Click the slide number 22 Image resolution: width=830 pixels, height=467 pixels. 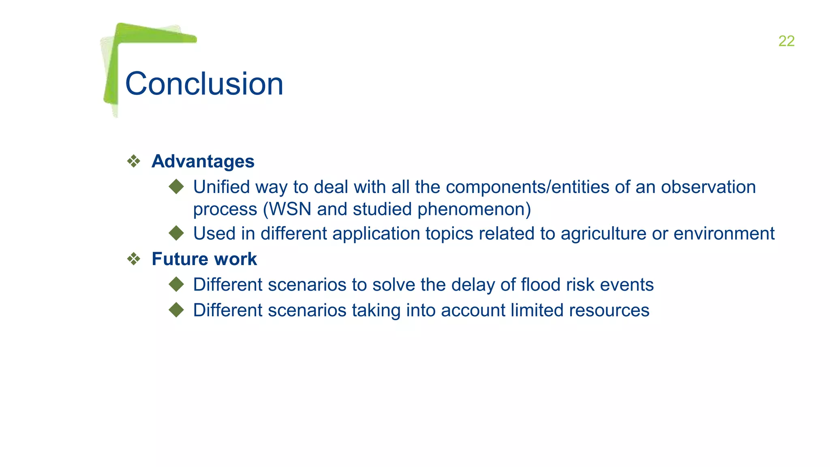click(x=786, y=41)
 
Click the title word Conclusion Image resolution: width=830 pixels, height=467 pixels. click(x=204, y=84)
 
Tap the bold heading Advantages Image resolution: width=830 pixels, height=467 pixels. click(x=203, y=161)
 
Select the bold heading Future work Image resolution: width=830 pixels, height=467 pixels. click(x=204, y=259)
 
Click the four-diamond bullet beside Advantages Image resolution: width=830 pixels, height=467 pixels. click(x=134, y=161)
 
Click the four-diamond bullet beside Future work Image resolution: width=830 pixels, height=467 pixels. click(x=134, y=259)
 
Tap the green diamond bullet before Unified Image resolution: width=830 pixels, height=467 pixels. click(x=176, y=187)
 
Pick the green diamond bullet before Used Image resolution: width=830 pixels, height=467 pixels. click(x=176, y=233)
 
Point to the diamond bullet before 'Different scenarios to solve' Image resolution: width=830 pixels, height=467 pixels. click(x=176, y=284)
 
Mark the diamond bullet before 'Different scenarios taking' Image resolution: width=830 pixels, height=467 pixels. click(x=176, y=310)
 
